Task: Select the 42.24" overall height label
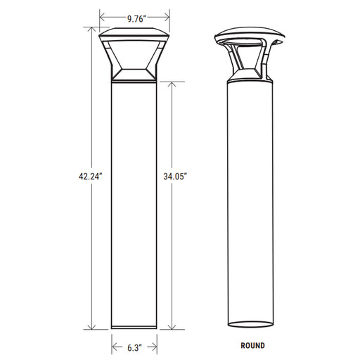tap(91, 176)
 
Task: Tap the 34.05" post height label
tap(175, 176)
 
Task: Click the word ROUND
tap(253, 345)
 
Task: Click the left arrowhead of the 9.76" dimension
tap(102, 17)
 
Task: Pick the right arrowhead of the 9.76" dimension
tap(167, 17)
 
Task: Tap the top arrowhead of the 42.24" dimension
tap(91, 30)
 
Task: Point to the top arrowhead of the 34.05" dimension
tap(172, 84)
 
